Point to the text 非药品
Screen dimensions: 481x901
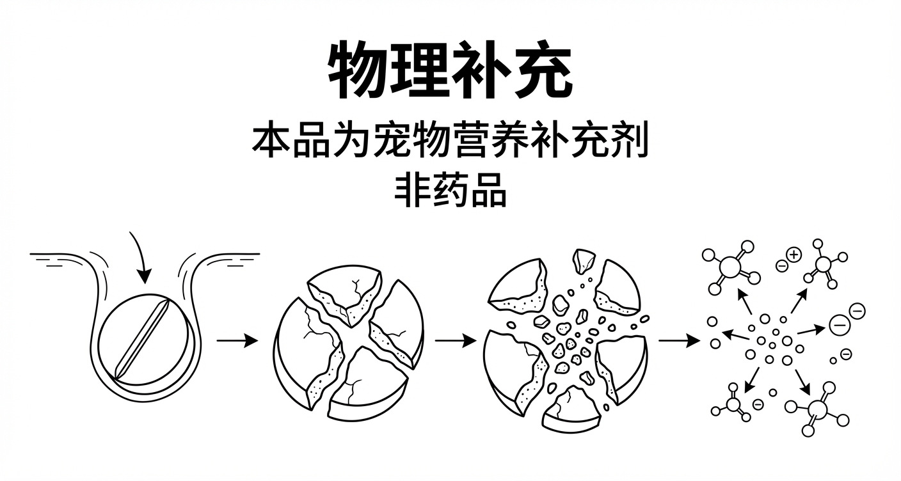(450, 190)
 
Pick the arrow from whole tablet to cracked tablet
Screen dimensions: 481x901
(237, 340)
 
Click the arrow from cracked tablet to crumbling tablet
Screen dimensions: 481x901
(455, 340)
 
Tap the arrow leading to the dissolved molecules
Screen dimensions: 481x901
(678, 340)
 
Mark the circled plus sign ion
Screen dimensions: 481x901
(794, 255)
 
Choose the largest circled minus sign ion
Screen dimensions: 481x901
(839, 324)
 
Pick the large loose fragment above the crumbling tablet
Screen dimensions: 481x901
(584, 261)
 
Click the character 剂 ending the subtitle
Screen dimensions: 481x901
(635, 142)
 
